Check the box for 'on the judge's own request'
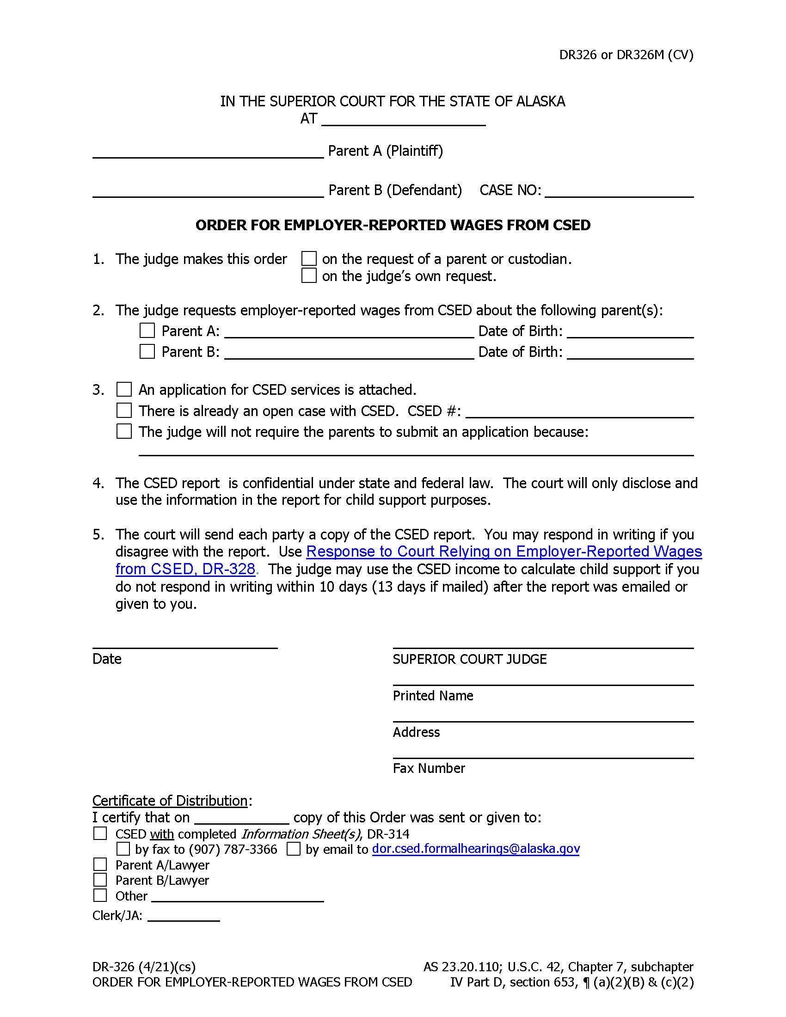309,276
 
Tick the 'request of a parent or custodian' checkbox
309,258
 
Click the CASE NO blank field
619,191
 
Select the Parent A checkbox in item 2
147,331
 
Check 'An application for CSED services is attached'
124,389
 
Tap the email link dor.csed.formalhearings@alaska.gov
475,849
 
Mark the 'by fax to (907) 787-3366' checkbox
123,849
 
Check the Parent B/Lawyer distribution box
100,880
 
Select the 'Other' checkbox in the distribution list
100,895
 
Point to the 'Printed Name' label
433,696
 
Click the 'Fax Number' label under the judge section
429,768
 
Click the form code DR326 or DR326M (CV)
626,55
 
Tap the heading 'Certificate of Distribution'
170,801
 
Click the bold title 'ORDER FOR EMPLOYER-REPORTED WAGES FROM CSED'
393,226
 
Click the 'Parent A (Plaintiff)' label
385,151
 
